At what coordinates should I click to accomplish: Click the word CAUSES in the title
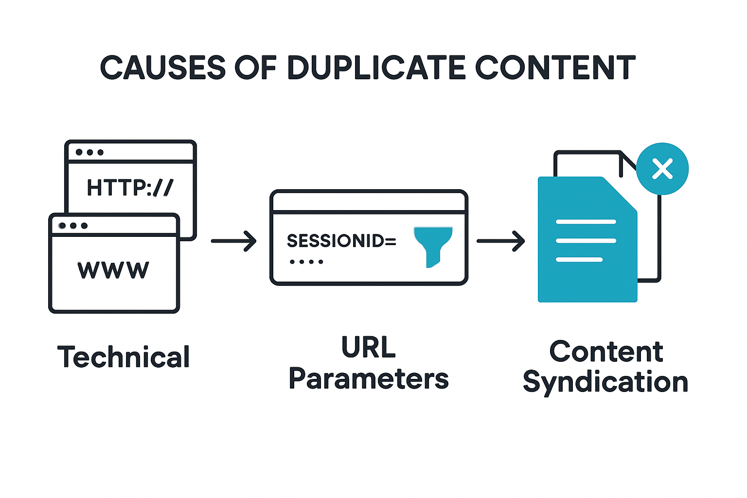point(162,68)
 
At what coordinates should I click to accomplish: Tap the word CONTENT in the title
point(555,68)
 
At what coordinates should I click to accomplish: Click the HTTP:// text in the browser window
point(130,187)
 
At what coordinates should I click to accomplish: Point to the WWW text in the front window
point(113,270)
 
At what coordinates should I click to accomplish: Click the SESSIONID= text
point(341,241)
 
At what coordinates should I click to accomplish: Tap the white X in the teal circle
point(662,169)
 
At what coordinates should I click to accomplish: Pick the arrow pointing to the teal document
point(500,241)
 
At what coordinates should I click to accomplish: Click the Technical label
point(124,357)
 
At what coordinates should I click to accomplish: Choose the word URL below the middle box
point(369,347)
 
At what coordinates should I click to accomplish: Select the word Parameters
point(369,379)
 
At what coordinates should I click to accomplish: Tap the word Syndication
point(605,382)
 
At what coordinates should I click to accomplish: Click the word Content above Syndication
point(606,352)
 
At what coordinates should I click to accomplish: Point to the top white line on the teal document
point(586,222)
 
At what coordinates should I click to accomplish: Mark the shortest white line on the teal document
point(579,260)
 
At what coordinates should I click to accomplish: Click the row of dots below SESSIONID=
point(306,262)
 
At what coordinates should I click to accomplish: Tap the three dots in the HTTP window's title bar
point(89,152)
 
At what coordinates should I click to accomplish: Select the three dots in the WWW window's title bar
point(73,226)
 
